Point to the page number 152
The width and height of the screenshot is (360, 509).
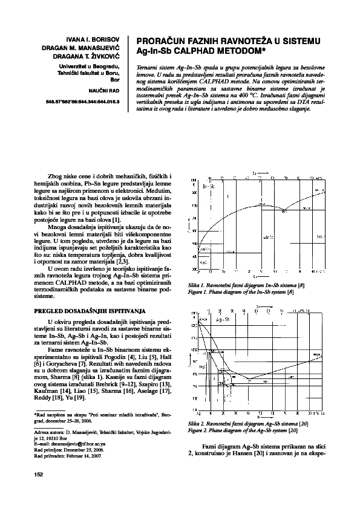click(36, 475)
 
